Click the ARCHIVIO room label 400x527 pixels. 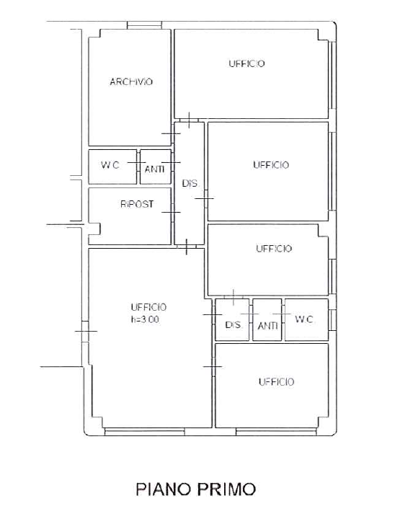point(131,81)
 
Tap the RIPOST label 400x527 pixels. point(137,204)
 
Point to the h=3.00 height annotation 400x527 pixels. point(145,319)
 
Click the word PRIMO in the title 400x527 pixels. point(226,489)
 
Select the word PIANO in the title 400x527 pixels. point(164,489)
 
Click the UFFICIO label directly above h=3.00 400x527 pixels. point(148,307)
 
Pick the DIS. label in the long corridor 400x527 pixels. point(190,184)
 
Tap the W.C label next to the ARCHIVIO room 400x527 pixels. point(110,165)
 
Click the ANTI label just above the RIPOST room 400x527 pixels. point(155,169)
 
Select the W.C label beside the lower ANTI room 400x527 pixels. point(304,319)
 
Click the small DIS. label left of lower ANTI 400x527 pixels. point(234,325)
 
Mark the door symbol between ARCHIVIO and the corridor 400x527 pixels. point(171,133)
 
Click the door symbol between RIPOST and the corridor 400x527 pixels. point(171,212)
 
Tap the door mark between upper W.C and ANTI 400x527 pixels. point(137,162)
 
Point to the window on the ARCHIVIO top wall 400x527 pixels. point(145,25)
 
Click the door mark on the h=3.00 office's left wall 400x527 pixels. point(86,331)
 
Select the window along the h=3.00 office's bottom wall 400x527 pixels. point(145,432)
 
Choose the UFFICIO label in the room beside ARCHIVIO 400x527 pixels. point(246,63)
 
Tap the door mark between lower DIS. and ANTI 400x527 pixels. point(250,314)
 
